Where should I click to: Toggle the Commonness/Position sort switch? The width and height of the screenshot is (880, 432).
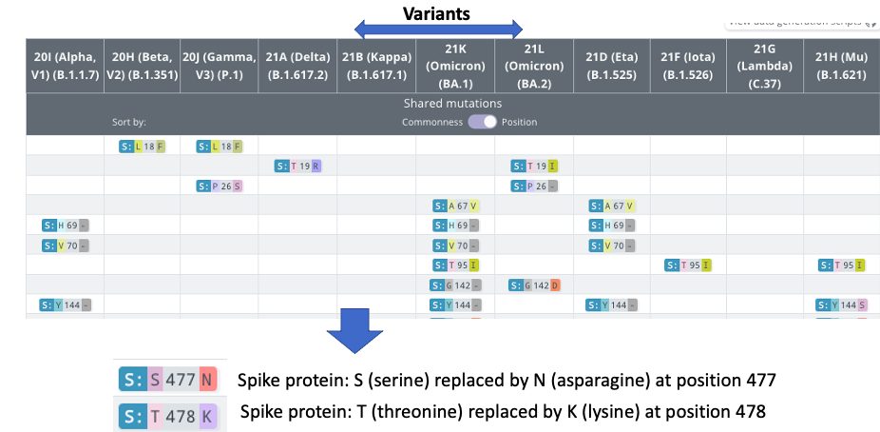pos(482,122)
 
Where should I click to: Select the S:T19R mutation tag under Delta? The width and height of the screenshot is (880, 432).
pos(297,166)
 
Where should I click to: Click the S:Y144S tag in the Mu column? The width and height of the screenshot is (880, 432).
pos(841,305)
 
